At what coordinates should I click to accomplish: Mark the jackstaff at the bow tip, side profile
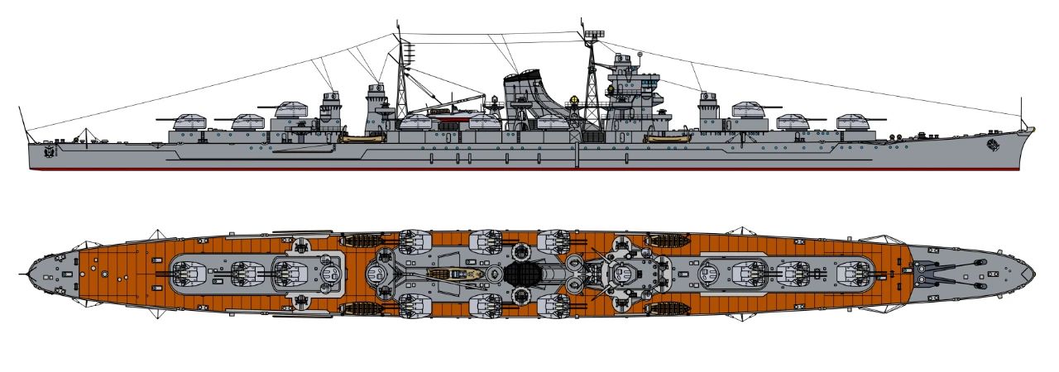(1023, 112)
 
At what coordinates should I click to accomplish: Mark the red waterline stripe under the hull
(496, 170)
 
